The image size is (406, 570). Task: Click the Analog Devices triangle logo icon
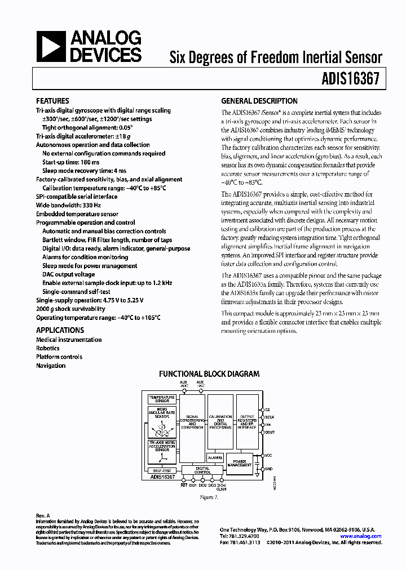click(x=52, y=46)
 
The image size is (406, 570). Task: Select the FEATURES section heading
click(x=52, y=101)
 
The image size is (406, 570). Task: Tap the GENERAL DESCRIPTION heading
click(x=259, y=101)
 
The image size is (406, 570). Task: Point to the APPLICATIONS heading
click(x=60, y=331)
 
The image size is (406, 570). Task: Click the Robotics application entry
click(x=48, y=348)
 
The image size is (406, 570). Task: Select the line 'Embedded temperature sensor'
click(x=77, y=214)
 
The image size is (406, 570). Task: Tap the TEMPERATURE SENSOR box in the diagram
click(x=162, y=399)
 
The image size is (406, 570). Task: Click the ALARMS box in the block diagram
click(x=215, y=458)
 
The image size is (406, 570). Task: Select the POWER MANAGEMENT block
click(x=240, y=464)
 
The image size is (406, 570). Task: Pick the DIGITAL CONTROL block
click(x=202, y=470)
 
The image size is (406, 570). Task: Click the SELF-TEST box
click(x=162, y=470)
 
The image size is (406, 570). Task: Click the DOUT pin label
click(x=270, y=433)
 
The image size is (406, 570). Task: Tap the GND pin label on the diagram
click(x=269, y=469)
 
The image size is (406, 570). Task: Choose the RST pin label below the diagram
click(x=184, y=484)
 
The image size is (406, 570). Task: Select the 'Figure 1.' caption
click(x=208, y=498)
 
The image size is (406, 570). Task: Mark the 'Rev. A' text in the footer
click(x=43, y=515)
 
